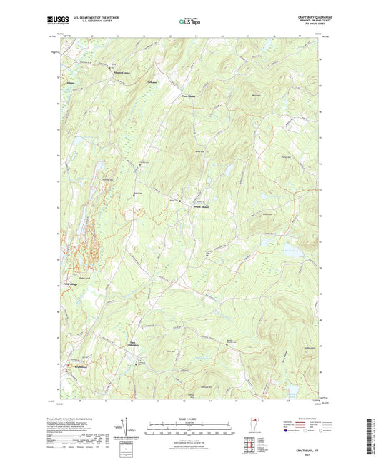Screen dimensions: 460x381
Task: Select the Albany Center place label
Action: (112, 73)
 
